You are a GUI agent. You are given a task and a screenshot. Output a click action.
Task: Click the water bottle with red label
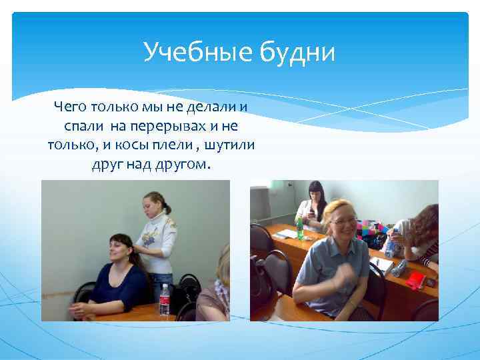pyautogui.click(x=165, y=301)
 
